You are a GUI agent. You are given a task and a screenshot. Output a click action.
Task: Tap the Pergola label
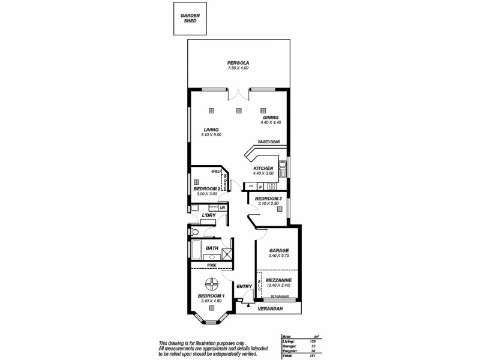pos(238,63)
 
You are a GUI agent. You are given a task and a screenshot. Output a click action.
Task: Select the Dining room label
pos(271,118)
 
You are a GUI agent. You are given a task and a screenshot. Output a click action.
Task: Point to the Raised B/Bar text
pos(269,142)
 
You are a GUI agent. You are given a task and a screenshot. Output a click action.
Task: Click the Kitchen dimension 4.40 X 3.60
pos(263,173)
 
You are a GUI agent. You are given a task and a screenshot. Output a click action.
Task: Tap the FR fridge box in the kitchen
pos(251,187)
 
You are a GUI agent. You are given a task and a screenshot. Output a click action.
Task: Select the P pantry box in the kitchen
pos(260,187)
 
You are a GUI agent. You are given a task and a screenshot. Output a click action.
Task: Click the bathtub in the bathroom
pos(196,248)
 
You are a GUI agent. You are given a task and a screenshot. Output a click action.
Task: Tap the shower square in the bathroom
pos(226,253)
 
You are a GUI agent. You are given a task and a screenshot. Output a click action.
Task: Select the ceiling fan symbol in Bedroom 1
pos(212,284)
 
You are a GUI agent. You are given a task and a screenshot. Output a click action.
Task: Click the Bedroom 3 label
pos(268,199)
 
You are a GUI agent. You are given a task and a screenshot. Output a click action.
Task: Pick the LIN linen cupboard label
pos(222,208)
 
